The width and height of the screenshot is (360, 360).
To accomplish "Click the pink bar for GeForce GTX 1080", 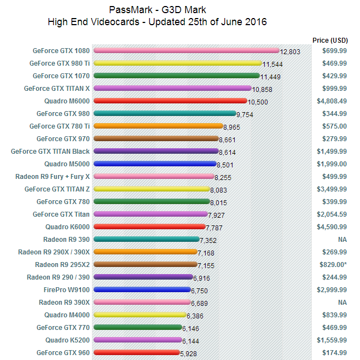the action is pos(187,50).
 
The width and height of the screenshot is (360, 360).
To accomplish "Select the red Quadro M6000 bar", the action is pos(170,101).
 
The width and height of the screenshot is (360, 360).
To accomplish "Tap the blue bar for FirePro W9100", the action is pos(142,289).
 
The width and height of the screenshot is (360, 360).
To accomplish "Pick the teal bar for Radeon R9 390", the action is pos(147,239).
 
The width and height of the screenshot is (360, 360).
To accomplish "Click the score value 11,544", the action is pos(272,65).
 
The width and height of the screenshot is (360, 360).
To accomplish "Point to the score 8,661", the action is pos(227,140).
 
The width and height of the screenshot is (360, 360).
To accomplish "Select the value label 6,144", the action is pos(190,341).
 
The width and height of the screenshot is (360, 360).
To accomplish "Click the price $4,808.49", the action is pos(332,101).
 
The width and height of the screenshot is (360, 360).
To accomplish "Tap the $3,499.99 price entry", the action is pos(332,189).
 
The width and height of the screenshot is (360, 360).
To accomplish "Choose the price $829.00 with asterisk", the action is pos(333,265).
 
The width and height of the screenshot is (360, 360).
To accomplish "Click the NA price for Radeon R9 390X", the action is pos(342,303).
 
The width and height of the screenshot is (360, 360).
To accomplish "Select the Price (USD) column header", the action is pos(330,40).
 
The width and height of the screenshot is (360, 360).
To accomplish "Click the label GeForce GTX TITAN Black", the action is pos(50,152).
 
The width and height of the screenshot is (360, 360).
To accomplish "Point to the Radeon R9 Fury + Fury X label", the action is pos(53,177).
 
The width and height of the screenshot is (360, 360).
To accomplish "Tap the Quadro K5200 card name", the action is pos(67,340).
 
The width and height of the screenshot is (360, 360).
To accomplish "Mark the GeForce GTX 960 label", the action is pos(63,353).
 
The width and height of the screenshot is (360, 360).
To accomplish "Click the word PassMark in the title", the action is pos(131,10).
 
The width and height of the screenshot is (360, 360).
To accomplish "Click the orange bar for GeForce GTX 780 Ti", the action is pos(158,126).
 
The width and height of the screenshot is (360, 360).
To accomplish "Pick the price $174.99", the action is pos(334,353).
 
